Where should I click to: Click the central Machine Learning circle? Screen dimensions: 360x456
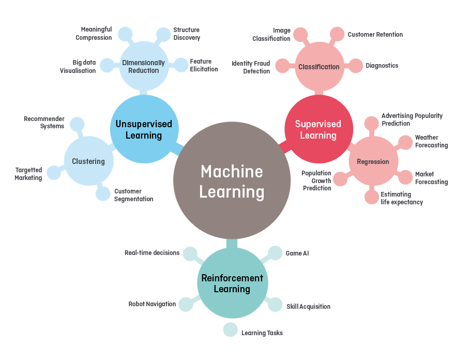232,181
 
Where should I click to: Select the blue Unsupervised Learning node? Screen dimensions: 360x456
145,129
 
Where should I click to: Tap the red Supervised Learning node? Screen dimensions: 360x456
318,129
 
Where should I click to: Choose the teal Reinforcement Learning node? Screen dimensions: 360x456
232,283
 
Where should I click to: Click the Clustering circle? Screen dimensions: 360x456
88,161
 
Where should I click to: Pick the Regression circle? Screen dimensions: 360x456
373,161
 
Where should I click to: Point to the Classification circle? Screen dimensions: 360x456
319,67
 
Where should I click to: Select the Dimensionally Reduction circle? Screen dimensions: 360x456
144,66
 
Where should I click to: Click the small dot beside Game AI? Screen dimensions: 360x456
275,253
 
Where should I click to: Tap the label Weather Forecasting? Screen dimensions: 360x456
431,141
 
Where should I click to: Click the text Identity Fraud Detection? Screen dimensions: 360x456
251,67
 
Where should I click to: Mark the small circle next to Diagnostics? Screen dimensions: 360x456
356,66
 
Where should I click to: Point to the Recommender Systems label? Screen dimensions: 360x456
44,123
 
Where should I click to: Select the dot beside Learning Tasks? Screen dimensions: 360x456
231,329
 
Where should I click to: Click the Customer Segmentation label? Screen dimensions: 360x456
133,195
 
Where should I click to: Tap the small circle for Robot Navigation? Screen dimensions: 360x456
186,305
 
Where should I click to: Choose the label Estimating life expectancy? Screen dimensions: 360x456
402,198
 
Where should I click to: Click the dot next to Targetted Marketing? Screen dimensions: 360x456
54,173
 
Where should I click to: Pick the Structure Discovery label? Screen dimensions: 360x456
187,34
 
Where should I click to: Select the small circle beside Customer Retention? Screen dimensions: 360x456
337,34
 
